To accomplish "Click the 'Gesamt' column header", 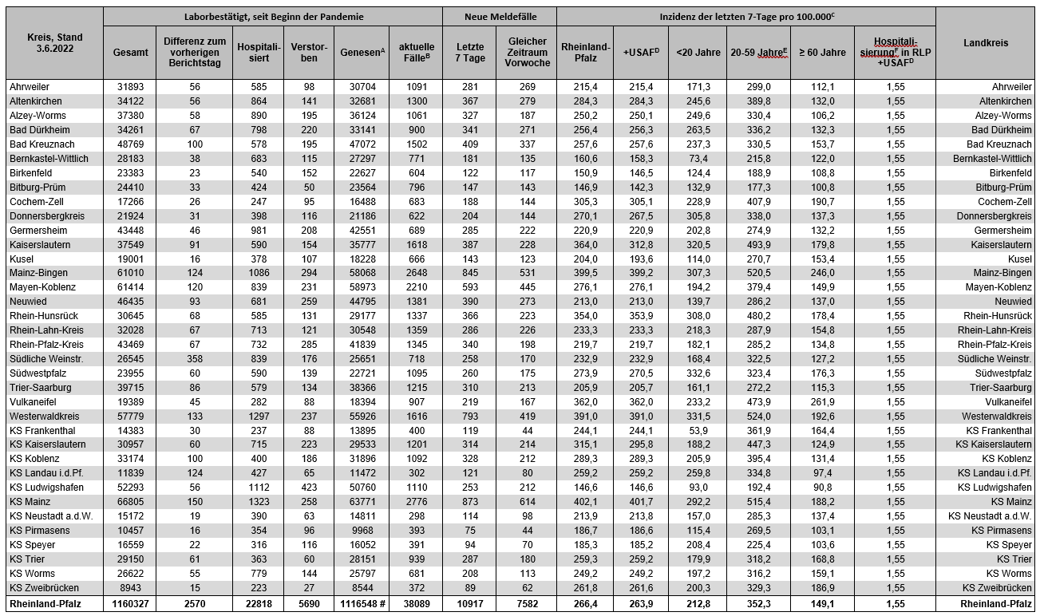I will (x=130, y=53).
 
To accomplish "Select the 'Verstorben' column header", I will (x=309, y=53).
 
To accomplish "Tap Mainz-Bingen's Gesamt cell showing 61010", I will (x=130, y=273).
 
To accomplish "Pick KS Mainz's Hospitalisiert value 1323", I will (x=258, y=502).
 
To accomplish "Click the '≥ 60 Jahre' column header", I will (x=821, y=53).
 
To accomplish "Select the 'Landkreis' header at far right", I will (x=986, y=43).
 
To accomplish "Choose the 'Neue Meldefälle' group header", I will (x=500, y=16).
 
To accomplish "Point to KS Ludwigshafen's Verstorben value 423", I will (x=309, y=488).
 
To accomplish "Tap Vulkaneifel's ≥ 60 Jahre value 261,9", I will (x=821, y=402).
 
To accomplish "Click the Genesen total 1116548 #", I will (x=362, y=604).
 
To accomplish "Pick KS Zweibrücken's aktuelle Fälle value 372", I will (x=415, y=588).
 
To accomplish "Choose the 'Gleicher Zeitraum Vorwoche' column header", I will (x=527, y=53).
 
